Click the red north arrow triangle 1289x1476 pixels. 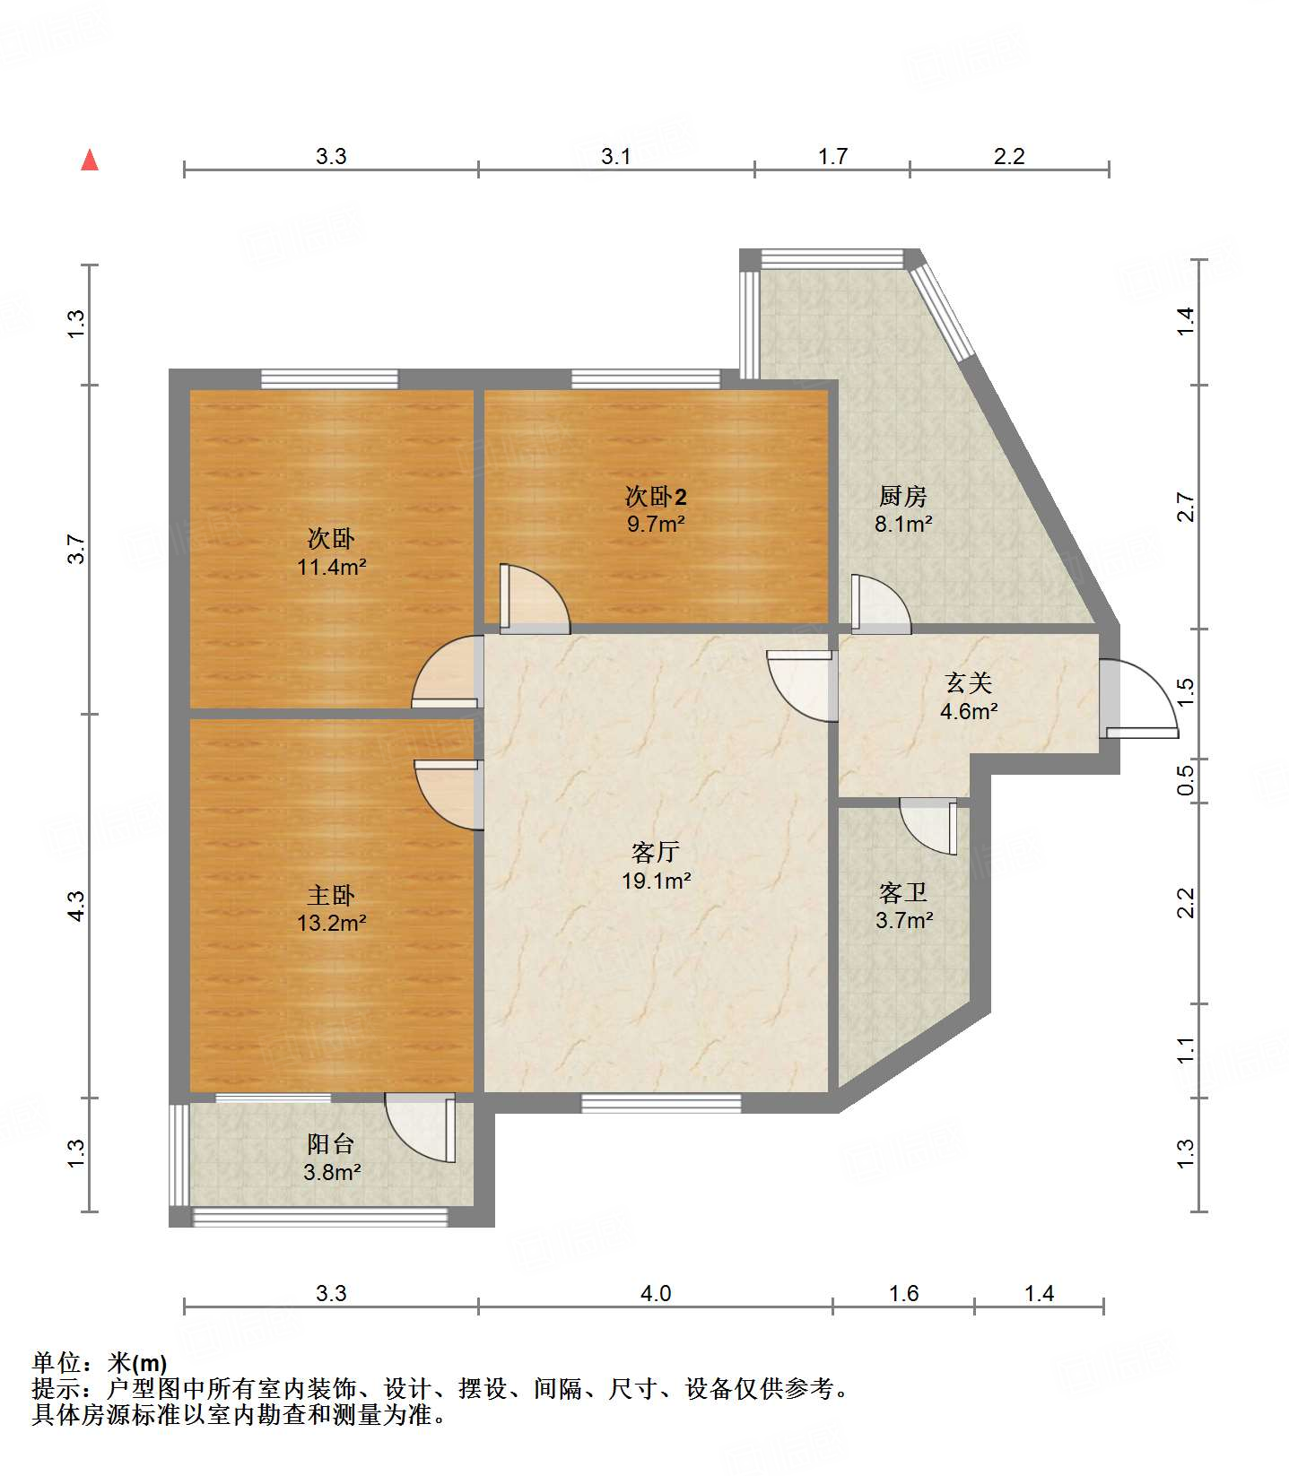tap(90, 161)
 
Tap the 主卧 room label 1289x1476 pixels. tap(331, 895)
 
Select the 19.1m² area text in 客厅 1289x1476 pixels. tap(656, 881)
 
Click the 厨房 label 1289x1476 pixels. tap(902, 496)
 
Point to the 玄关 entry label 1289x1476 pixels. tap(969, 683)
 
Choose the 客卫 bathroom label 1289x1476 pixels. tap(903, 892)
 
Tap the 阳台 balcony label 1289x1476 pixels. tap(331, 1144)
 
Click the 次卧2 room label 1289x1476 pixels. tap(656, 496)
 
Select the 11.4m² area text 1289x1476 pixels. tap(331, 567)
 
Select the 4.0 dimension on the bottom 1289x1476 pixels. tap(656, 1293)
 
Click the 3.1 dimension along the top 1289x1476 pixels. tap(615, 157)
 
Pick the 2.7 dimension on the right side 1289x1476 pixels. tap(1186, 508)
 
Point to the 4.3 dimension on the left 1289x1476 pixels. tap(76, 906)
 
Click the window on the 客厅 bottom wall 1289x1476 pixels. tap(661, 1103)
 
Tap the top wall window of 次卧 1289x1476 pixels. tap(329, 378)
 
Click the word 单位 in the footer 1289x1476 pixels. tap(57, 1363)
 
